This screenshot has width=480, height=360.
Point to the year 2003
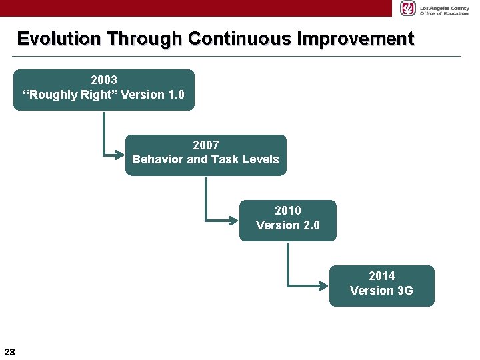click(104, 80)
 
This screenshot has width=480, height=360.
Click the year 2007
click(205, 145)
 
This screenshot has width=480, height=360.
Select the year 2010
click(288, 211)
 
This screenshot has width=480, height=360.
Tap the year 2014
click(381, 276)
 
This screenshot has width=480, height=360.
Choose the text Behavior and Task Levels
click(205, 160)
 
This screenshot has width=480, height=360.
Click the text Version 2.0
click(288, 225)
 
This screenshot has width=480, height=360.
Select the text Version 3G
click(381, 291)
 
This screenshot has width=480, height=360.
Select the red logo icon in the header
click(407, 8)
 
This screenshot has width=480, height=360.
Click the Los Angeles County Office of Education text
click(444, 9)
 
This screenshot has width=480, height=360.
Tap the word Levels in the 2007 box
click(261, 160)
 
